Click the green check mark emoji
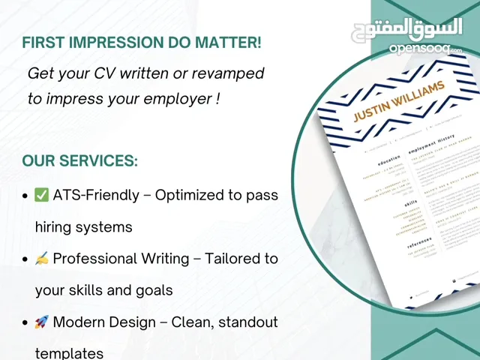[42, 196]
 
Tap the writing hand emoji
[42, 259]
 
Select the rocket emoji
[42, 322]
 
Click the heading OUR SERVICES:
[79, 161]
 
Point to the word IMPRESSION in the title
[124, 43]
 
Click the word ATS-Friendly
[96, 195]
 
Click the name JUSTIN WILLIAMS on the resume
[399, 102]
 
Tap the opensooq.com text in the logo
[425, 49]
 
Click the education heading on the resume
[389, 160]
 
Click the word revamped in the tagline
[226, 73]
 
